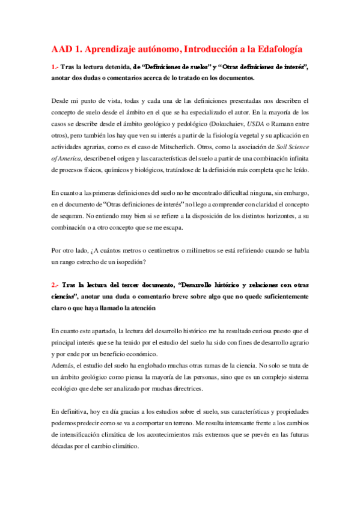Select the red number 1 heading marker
point(54,67)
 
